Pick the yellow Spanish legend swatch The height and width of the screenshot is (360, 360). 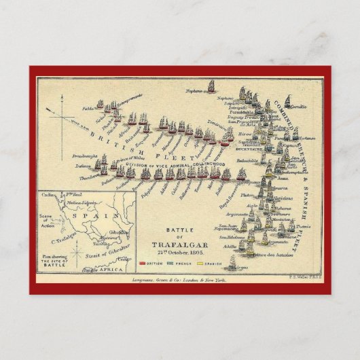tap(199, 262)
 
